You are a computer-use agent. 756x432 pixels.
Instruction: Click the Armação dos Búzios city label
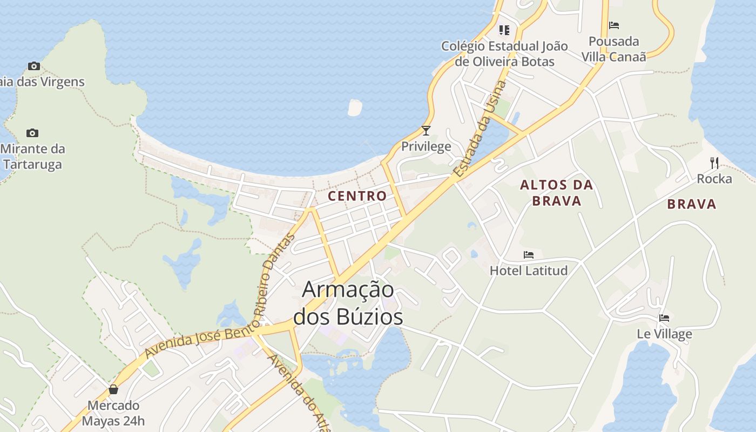coord(348,303)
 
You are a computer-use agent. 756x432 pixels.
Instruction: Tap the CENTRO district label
coord(357,196)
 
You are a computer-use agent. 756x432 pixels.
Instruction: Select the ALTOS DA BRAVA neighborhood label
coord(557,193)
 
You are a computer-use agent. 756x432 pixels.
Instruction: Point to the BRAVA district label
coord(692,204)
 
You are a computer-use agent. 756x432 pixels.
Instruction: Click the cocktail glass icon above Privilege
coord(426,131)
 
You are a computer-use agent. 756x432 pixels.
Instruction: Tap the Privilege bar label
coord(426,146)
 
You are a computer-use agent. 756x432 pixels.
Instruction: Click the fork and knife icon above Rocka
coord(714,163)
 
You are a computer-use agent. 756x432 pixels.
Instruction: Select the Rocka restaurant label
coord(714,179)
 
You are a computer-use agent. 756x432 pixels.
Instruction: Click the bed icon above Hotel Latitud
coord(529,255)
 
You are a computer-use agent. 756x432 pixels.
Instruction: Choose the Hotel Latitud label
coord(529,271)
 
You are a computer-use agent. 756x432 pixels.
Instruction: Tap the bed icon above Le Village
coord(664,318)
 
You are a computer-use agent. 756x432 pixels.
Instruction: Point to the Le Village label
coord(664,334)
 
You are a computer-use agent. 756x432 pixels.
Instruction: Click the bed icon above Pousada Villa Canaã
coord(614,25)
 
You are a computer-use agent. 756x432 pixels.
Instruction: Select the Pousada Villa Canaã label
coord(614,49)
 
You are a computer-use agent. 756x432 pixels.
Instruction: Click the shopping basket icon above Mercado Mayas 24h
coord(113,389)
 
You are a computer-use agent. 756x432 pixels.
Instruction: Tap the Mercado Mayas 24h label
coord(113,413)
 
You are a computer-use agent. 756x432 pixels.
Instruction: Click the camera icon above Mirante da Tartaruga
coord(32,133)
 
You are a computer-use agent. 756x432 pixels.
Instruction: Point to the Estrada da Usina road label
coord(480,130)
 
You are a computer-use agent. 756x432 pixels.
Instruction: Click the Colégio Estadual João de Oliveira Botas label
coord(504,53)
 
